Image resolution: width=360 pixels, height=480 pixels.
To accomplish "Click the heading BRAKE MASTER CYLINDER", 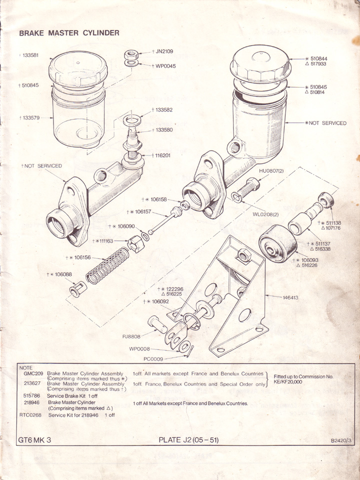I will tap(69, 33).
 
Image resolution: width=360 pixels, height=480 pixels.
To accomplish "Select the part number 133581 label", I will tap(28, 54).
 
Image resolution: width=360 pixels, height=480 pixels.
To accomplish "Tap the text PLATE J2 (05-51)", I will tap(188, 440).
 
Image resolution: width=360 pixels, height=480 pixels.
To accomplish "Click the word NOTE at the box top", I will tap(25, 367).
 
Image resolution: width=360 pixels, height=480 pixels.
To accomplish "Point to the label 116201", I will tap(162, 155).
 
